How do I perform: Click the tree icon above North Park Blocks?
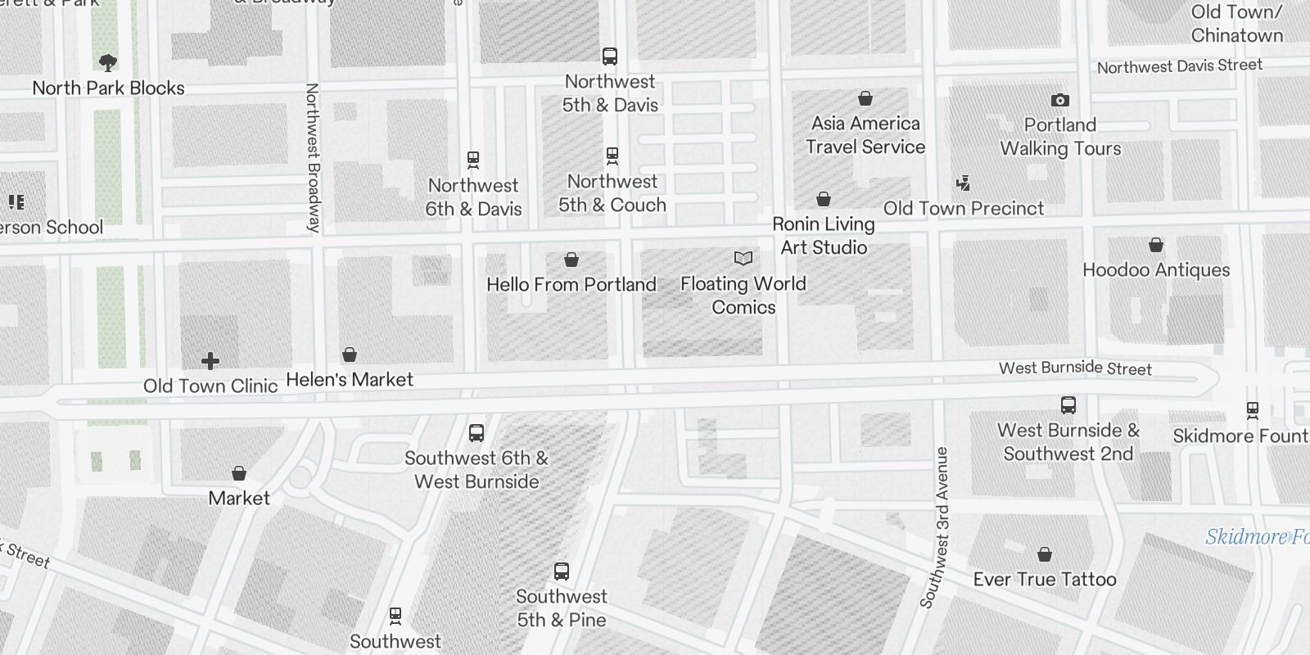107,62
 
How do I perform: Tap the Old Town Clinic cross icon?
210,360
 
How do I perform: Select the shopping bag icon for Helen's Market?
350,355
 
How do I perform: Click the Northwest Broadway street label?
312,157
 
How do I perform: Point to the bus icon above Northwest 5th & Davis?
610,56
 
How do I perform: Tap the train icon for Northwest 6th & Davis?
473,159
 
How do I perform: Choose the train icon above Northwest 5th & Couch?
612,156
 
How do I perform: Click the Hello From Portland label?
571,285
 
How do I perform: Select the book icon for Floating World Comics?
743,259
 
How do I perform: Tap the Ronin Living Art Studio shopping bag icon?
824,199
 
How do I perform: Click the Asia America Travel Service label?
865,135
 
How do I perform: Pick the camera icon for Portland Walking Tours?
1060,101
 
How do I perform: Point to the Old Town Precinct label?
964,208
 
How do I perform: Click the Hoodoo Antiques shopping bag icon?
1156,245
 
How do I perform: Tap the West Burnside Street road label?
1075,368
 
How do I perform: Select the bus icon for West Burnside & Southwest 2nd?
1068,405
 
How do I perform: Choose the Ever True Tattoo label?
1045,580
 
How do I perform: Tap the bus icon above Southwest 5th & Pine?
562,571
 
